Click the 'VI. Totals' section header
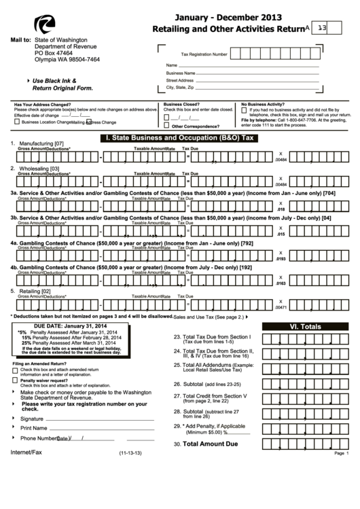[x=305, y=327]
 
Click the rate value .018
[x=281, y=210]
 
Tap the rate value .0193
[x=281, y=260]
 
